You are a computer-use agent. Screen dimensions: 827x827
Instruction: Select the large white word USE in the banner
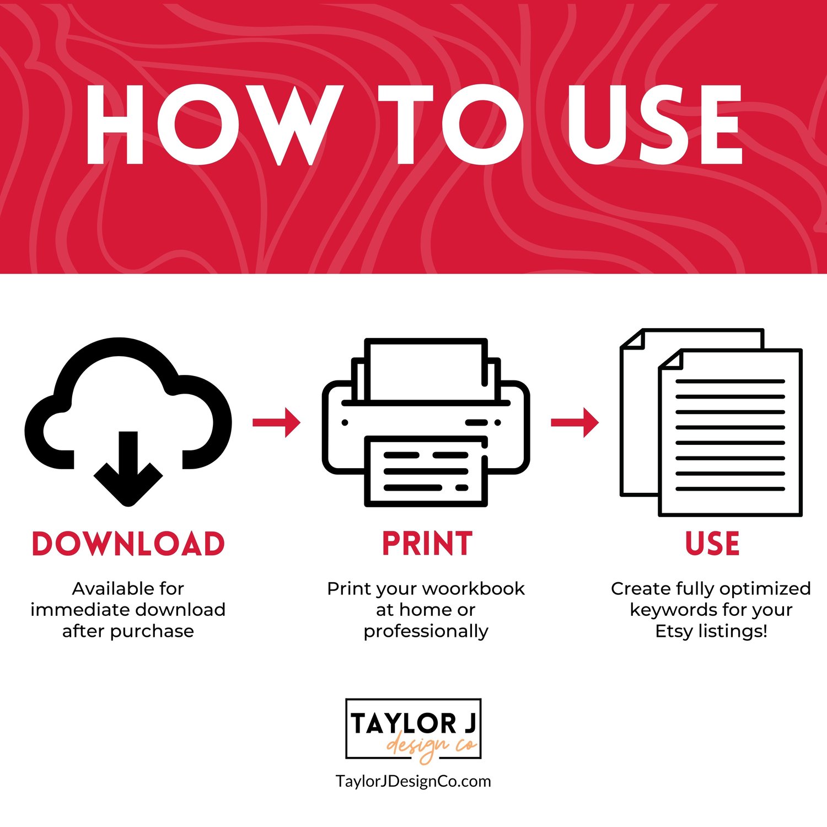[x=654, y=125]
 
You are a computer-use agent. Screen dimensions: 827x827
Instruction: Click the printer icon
[x=426, y=422]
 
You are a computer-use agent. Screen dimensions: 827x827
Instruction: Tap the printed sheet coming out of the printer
[x=426, y=471]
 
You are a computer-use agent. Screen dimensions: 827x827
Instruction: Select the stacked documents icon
[x=711, y=422]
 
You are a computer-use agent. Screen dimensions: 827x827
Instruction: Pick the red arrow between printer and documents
[x=575, y=422]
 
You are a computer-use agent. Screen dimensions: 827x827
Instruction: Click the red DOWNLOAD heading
[x=128, y=544]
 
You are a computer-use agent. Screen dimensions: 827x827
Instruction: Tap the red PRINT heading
[x=427, y=544]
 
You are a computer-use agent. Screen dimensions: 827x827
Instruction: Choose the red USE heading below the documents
[x=712, y=544]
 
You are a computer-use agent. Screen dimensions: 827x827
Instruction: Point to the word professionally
[x=426, y=631]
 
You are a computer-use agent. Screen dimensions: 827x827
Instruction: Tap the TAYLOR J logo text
[x=413, y=723]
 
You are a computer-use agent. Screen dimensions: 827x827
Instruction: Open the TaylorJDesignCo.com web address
[x=413, y=781]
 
